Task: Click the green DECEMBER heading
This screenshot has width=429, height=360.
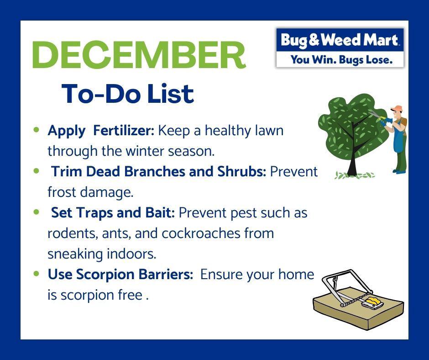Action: click(x=139, y=55)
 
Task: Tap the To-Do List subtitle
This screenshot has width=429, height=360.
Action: click(x=128, y=94)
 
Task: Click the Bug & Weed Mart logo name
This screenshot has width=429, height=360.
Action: click(x=339, y=40)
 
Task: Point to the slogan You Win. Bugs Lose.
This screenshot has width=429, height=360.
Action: click(x=341, y=59)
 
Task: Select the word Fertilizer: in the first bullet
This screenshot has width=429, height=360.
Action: click(x=124, y=130)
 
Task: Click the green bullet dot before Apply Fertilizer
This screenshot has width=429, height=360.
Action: click(x=36, y=130)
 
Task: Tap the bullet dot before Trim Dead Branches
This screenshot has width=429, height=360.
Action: click(x=36, y=171)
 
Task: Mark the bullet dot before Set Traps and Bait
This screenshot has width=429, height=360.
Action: click(x=36, y=212)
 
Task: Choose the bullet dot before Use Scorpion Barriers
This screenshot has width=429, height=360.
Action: click(x=36, y=274)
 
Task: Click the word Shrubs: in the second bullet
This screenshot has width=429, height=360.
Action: click(x=242, y=171)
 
